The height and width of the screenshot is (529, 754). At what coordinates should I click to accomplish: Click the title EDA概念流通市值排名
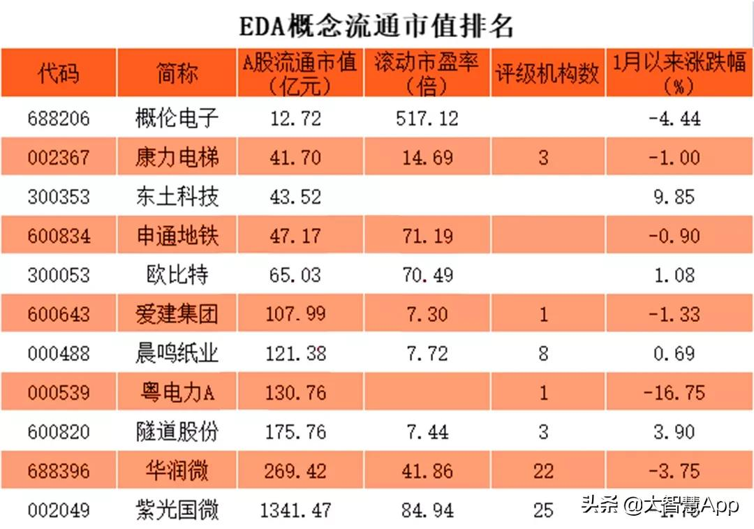376,26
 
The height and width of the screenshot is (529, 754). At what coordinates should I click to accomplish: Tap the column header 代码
59,73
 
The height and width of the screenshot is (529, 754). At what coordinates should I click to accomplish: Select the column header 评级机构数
547,73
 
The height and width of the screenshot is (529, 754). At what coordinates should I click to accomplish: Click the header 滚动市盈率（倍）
427,73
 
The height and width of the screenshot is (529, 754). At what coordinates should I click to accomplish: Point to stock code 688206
59,118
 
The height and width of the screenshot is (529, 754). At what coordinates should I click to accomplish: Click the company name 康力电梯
177,157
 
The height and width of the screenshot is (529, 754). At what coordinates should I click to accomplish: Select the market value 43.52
295,197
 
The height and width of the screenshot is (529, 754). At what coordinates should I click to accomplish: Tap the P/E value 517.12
427,118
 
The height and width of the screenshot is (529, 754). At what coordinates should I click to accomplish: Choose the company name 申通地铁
177,236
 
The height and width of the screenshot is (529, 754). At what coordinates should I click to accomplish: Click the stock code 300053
59,275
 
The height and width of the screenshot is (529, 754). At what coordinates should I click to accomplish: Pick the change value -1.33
674,314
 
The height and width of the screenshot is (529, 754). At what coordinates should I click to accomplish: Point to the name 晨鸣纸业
177,354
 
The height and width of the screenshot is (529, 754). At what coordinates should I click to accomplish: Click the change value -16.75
674,393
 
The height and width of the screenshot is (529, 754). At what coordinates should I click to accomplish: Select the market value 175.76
295,432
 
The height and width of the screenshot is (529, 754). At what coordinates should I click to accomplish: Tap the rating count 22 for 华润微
543,471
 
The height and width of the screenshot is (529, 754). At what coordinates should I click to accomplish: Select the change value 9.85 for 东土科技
674,197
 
